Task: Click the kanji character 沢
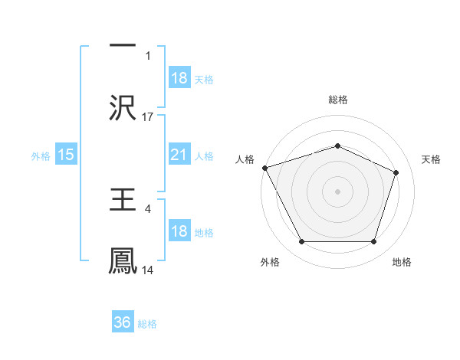click(123, 108)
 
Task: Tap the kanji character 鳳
click(123, 261)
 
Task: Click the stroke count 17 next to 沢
click(148, 117)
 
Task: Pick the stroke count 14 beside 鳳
click(148, 270)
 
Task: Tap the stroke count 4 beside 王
click(148, 208)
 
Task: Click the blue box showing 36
click(123, 323)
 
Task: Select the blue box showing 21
click(179, 155)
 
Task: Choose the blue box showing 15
click(66, 155)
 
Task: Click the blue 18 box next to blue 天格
click(179, 79)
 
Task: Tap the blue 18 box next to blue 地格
click(179, 232)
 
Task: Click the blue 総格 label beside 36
click(147, 324)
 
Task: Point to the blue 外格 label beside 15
click(41, 156)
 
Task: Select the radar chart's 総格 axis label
click(337, 100)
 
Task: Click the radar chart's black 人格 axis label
click(245, 159)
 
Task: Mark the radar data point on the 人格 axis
click(264, 168)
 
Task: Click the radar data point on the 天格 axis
click(396, 172)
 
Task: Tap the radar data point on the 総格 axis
click(337, 146)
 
